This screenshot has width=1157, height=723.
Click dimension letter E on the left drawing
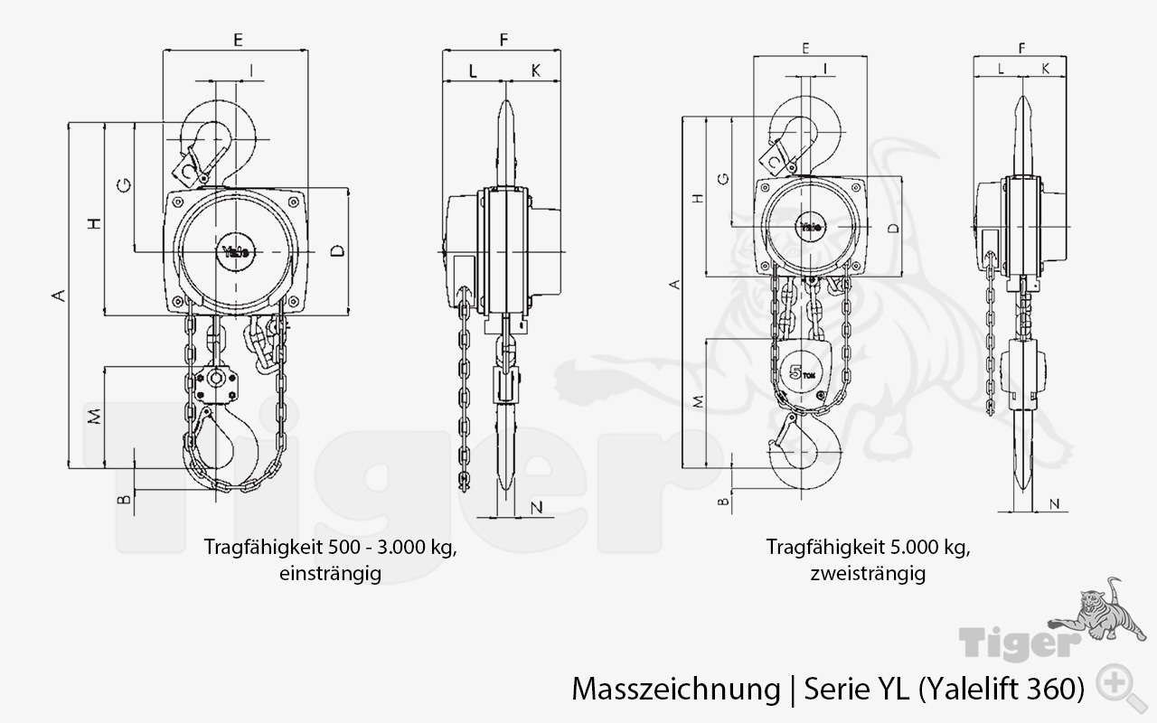coord(238,40)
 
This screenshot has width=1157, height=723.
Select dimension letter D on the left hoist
coord(336,251)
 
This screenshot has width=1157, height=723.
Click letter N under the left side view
coord(536,507)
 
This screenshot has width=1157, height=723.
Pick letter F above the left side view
coord(503,40)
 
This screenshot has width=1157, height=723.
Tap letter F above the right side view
coord(1021,46)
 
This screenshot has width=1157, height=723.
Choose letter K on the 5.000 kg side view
coord(1046,68)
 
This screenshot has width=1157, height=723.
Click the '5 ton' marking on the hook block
coord(800,371)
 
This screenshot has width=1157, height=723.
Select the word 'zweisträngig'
coord(868,573)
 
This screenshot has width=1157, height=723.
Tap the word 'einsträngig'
coord(330,573)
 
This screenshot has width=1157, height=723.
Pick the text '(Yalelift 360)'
coord(1002,689)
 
